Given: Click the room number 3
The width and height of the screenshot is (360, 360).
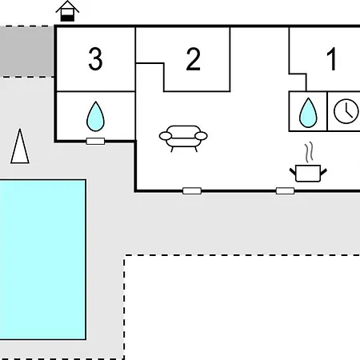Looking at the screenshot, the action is (95, 59).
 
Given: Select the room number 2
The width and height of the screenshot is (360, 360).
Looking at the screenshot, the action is (193, 59).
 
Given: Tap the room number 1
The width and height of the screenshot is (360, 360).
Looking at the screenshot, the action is (331, 59).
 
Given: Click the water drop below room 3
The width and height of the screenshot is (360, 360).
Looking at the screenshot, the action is (95, 116).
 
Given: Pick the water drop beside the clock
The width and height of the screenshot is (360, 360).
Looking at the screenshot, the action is (308, 113).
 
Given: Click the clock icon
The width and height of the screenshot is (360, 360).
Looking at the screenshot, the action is (346, 111).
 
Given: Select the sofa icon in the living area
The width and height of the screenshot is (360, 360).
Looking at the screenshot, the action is (183, 138).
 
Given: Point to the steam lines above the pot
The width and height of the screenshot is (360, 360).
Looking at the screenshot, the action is (309, 152).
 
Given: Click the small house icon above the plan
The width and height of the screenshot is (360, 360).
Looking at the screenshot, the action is (67, 11).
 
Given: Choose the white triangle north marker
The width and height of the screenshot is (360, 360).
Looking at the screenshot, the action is (20, 146).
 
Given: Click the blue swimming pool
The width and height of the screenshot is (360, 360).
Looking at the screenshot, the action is (42, 260).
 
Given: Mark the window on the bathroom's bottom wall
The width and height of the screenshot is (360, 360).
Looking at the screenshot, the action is (95, 141).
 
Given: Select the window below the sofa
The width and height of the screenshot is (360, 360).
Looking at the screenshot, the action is (192, 191).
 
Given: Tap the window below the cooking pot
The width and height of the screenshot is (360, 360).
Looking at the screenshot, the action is (285, 191).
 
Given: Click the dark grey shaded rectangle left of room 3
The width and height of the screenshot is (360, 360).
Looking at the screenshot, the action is (27, 52).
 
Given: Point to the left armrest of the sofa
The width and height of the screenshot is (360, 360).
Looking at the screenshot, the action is (166, 136).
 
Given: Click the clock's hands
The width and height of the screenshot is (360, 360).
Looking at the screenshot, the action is (347, 111).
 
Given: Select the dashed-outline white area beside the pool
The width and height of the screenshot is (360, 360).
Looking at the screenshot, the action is (242, 307).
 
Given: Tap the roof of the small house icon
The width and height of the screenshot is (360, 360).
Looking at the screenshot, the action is (67, 6).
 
